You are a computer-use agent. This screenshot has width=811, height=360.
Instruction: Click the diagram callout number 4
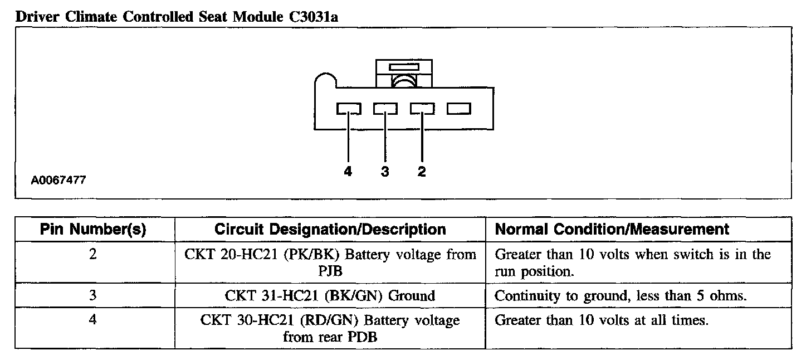348,172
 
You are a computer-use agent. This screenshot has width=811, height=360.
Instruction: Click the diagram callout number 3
385,172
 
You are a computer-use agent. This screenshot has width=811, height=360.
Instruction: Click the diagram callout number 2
422,172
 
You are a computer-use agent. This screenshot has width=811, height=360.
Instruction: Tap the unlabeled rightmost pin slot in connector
459,108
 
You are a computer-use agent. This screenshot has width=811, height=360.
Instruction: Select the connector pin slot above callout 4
348,108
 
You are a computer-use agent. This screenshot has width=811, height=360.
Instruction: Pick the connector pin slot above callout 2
422,108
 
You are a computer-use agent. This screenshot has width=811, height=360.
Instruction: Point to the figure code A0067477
58,181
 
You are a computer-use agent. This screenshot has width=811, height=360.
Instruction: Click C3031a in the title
313,17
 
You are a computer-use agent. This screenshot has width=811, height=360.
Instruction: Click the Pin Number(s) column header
94,229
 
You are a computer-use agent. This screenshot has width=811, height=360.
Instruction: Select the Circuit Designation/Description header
330,229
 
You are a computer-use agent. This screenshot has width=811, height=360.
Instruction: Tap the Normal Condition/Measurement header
612,229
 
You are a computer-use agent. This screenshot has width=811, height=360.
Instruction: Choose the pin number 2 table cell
94,255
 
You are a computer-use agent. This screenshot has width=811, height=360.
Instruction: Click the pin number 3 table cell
94,295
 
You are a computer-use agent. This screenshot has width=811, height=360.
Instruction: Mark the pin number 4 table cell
94,321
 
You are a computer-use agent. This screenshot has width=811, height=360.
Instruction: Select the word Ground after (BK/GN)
411,295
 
